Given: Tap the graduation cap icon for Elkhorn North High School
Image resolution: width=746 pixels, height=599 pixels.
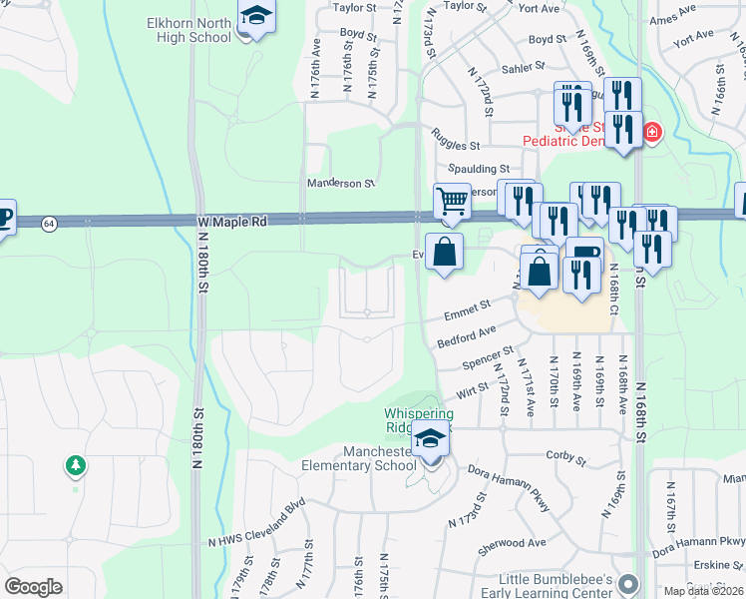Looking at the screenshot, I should (256, 17).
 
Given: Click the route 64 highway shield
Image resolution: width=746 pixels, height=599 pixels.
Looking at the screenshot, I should (49, 223).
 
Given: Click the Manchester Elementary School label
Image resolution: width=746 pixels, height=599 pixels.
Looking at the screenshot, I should (359, 458).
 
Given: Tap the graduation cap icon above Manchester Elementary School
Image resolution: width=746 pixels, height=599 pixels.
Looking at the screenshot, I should (431, 439).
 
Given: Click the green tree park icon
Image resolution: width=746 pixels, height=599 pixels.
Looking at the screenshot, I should (75, 465).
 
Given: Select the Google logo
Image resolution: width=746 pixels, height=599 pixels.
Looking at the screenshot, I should (33, 587).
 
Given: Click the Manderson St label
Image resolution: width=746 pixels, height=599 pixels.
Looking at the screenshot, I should (340, 184).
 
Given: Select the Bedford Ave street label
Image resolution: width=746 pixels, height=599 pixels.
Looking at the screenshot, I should (467, 336).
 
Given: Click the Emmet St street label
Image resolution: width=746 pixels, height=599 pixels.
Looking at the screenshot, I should (469, 307).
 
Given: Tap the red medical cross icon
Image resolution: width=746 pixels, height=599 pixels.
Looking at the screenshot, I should (651, 132).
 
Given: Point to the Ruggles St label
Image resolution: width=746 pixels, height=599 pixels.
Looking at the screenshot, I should (455, 144).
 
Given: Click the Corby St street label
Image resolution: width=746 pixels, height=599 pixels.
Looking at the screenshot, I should (565, 459).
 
